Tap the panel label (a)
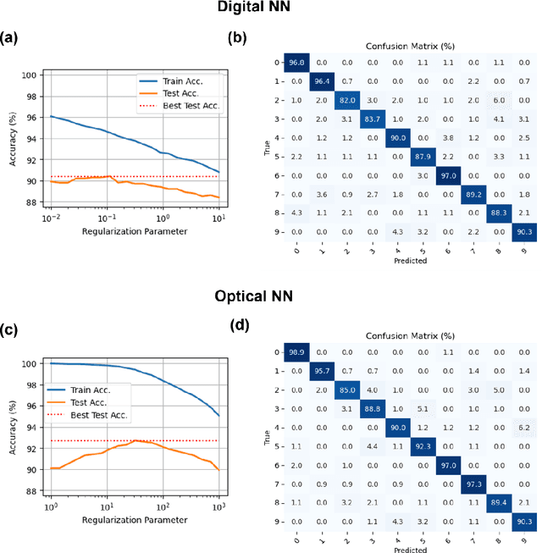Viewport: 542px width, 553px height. (11, 37)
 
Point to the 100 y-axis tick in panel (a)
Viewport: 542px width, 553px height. (35, 75)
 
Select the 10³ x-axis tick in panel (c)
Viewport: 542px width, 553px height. (218, 507)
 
